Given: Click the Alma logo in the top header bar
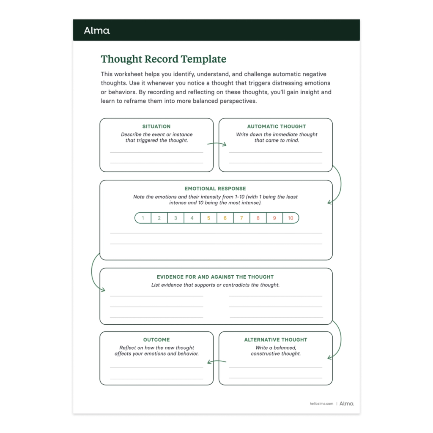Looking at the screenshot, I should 97,30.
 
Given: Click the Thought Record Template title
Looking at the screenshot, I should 163,59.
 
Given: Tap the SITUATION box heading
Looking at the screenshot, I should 156,126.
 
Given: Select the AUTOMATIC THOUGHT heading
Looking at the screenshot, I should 276,126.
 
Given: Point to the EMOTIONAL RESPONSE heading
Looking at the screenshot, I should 215,189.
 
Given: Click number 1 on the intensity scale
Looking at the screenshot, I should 143,218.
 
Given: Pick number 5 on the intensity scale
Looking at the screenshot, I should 208,218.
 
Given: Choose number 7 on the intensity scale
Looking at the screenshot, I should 241,218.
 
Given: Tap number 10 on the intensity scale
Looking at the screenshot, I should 290,218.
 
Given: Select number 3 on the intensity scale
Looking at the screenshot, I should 175,218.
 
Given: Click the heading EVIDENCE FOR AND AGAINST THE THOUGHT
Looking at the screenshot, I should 215,277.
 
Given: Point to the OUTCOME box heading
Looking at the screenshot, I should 156,340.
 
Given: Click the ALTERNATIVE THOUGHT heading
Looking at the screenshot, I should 276,340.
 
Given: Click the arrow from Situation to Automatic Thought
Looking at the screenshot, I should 216,144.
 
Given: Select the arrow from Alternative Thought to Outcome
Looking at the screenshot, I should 216,362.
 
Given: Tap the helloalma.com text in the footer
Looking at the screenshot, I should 321,404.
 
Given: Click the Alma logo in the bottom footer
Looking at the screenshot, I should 346,404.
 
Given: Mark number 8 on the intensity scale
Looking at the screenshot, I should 258,218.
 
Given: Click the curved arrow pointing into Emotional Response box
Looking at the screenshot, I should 338,186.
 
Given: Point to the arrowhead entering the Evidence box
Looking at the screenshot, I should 103,290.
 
